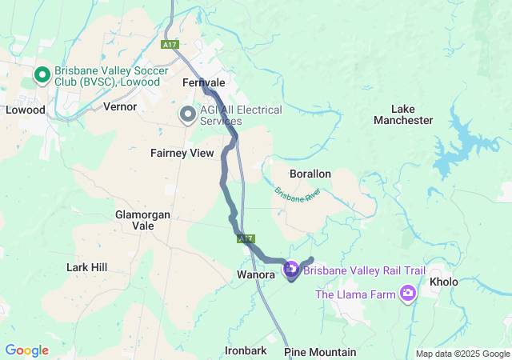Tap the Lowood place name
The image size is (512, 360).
tap(26, 110)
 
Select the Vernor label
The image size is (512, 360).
tap(120, 106)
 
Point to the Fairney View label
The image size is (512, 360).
tap(182, 153)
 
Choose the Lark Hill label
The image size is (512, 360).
tap(87, 267)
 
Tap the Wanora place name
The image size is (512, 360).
tap(256, 275)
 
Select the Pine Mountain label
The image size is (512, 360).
tap(320, 352)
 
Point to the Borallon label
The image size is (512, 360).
tap(310, 174)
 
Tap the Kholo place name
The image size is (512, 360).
tap(444, 282)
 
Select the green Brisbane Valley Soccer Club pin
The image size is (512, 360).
tap(42, 75)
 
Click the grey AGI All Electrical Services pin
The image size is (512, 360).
tap(188, 115)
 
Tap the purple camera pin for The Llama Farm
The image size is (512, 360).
tap(408, 294)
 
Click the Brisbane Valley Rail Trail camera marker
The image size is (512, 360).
tap(291, 270)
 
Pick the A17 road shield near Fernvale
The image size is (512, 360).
tap(169, 45)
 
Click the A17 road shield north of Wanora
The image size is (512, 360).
tap(246, 238)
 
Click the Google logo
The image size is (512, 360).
tap(26, 350)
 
